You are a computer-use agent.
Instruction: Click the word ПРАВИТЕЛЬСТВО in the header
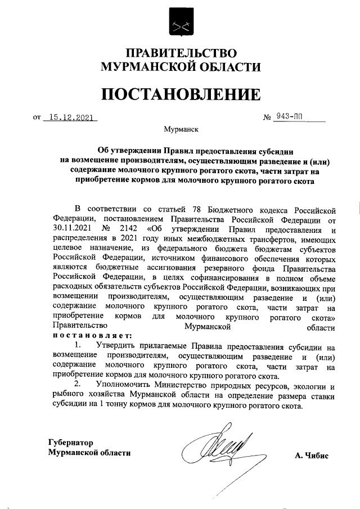[x=180, y=54]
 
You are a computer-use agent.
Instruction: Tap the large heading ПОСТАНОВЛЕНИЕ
[x=180, y=93]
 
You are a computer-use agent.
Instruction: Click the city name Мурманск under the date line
[x=181, y=130]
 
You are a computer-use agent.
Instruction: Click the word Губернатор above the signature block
[x=70, y=443]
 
